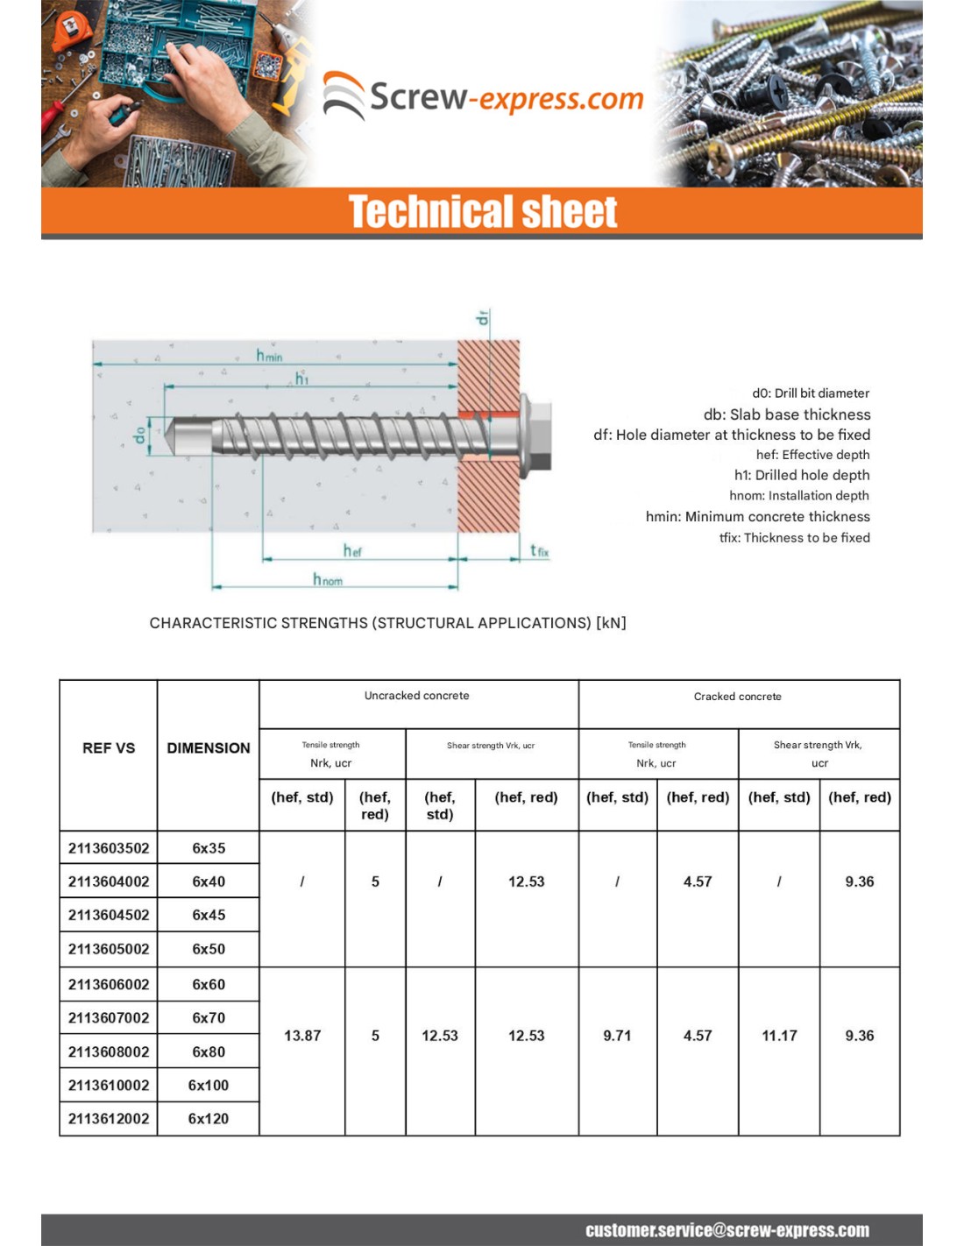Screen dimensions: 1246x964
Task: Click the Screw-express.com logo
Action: coord(483,96)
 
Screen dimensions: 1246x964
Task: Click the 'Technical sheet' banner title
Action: coord(482,212)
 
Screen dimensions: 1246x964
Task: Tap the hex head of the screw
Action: coord(536,433)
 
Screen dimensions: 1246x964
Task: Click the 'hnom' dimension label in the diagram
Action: coord(327,579)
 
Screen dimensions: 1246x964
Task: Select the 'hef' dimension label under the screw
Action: coord(352,550)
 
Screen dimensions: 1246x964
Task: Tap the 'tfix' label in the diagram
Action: coord(539,550)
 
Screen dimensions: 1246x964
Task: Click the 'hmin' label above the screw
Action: coord(269,355)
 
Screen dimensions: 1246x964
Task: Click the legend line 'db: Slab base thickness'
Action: coord(786,414)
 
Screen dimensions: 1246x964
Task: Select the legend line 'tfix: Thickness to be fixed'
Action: coord(794,538)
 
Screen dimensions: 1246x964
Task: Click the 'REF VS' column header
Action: coord(109,748)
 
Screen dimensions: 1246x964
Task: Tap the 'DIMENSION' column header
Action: coord(209,748)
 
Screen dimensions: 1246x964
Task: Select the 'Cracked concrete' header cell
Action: coord(737,697)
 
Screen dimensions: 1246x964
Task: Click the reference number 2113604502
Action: coord(109,915)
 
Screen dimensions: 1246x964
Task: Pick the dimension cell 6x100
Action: coord(209,1085)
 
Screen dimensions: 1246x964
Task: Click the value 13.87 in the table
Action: coord(302,1036)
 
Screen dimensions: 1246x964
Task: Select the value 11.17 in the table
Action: coord(779,1036)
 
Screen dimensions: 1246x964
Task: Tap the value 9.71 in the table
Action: coord(617,1036)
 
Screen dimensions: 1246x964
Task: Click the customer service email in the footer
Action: coord(727,1230)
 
